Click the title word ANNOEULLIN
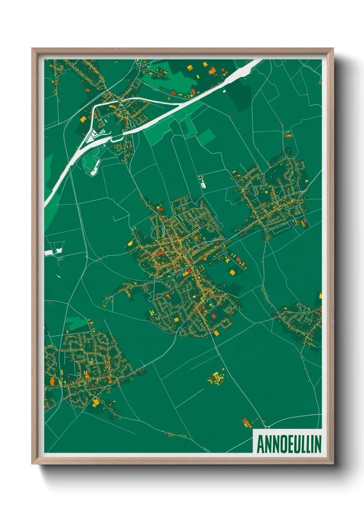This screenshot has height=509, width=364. point(289,444)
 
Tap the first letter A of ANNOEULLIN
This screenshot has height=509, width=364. point(260,444)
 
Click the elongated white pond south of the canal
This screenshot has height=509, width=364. point(94,168)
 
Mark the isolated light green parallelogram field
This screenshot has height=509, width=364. point(206,137)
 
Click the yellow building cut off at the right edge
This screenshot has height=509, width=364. point(320,295)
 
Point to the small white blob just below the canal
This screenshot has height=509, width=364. point(224,91)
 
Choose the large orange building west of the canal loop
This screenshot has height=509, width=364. point(83,119)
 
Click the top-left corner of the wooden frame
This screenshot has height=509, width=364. point(32,49)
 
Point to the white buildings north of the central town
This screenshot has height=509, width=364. point(202,182)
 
